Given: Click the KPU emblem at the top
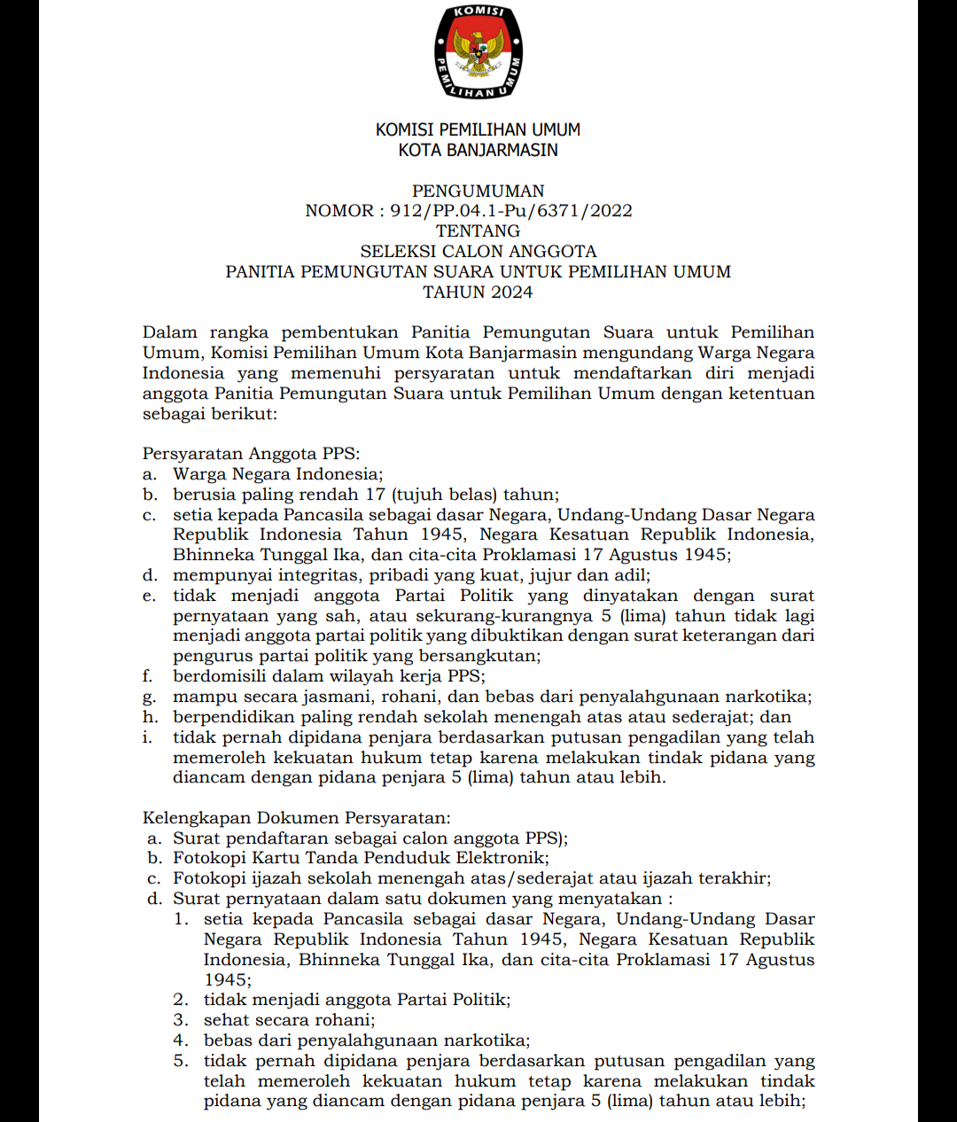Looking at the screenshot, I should (478, 51).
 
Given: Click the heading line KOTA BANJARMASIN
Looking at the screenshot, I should (478, 150).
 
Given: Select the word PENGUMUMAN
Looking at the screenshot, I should (478, 191).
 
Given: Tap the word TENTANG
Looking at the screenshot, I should (478, 231).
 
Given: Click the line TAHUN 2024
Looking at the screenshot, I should (478, 292).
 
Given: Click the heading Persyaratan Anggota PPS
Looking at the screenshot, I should (251, 454).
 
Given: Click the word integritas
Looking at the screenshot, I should (312, 575).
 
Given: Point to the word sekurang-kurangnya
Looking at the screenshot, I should (503, 616).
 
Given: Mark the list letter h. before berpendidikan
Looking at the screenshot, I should (149, 717).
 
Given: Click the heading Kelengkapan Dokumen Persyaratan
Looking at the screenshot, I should (296, 818).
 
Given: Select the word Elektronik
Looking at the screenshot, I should (502, 858).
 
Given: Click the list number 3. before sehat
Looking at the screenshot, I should (181, 1020).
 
